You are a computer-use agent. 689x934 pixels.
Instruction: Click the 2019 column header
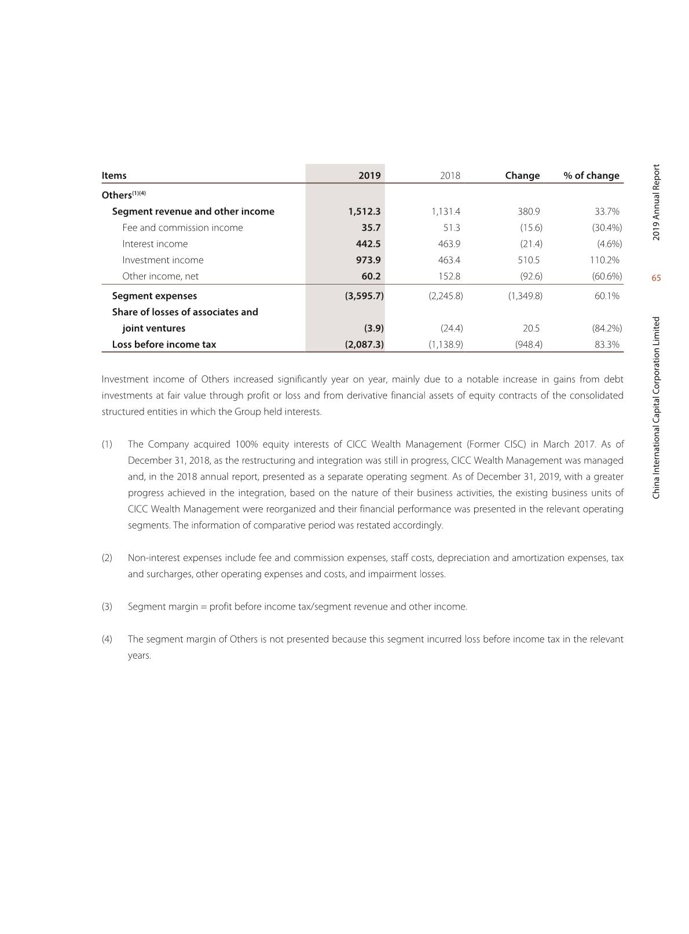pos(369,175)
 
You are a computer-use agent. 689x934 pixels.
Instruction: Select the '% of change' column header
pos(591,175)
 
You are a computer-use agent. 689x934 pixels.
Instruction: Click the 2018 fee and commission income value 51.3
pos(452,227)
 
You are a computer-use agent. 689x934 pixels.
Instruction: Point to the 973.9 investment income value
pos(368,260)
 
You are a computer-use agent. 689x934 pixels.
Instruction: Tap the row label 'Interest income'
pos(155,243)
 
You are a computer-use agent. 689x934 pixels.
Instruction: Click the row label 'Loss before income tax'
pos(164,344)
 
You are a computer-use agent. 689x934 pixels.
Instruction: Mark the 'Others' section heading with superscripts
pos(123,194)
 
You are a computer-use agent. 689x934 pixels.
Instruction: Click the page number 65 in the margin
pos(656,278)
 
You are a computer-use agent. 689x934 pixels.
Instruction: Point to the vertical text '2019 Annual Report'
pos(656,202)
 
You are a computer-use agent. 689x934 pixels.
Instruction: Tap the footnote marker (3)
pos(107,607)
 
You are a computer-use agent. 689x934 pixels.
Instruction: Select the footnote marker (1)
pos(107,444)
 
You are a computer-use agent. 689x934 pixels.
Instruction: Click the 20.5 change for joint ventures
pos(531,328)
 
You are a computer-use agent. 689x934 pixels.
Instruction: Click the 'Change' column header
pos(522,175)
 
